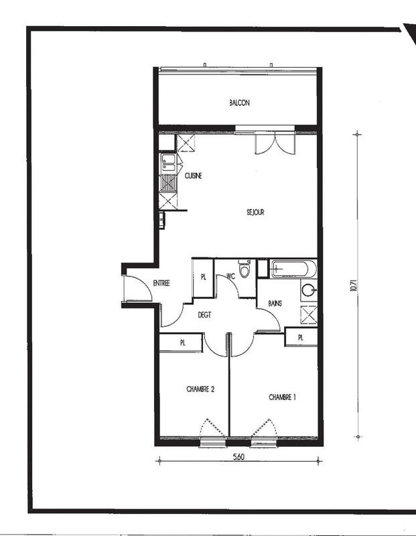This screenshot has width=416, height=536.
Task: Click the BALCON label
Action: (239, 103)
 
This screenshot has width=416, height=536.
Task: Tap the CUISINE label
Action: (194, 176)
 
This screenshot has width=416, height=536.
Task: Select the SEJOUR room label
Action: (255, 212)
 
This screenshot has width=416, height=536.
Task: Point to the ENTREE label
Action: (161, 283)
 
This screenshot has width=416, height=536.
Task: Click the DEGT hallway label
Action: (204, 314)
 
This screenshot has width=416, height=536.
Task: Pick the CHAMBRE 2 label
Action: (200, 389)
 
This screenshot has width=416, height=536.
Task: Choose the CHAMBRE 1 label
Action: (282, 397)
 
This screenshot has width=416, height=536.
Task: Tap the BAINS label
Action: (275, 303)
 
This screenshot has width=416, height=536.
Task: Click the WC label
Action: (230, 275)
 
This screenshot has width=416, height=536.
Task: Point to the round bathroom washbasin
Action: (309, 291)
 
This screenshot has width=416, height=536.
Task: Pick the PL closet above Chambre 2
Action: (181, 342)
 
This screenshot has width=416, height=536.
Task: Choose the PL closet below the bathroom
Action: (300, 337)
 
